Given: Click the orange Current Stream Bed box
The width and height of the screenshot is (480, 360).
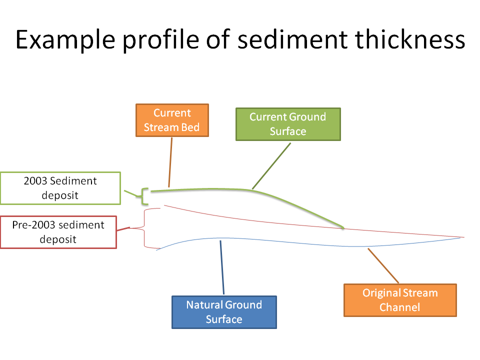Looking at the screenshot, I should point(171,120).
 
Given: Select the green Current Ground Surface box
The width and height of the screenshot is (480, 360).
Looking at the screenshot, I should point(287,124).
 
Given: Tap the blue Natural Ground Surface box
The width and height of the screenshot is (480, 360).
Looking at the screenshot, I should point(224,312).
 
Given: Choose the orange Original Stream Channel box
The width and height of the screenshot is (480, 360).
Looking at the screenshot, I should point(400,300).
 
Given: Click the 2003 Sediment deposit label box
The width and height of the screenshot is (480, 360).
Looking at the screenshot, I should point(60,188).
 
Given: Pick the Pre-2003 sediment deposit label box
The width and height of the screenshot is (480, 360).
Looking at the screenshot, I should point(58,232).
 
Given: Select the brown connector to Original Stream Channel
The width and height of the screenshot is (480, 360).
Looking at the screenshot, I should point(384,266).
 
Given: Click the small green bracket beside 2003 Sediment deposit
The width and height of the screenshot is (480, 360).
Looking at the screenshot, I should point(145,196).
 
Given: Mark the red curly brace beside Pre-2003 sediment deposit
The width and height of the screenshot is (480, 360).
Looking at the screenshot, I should point(145,228).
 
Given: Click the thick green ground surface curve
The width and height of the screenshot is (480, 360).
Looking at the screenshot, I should point(300,207).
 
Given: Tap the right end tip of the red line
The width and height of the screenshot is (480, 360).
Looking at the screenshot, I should point(463,237).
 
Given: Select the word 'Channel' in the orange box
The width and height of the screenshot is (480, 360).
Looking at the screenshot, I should point(400,307).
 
